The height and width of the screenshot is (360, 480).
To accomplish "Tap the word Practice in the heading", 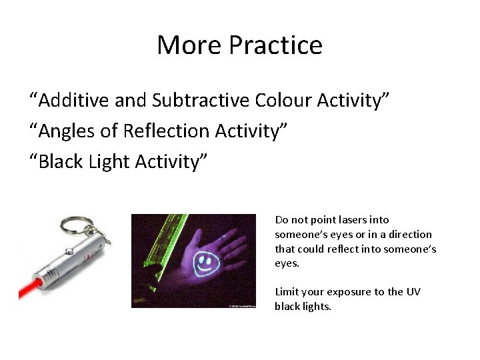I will (275, 45).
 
